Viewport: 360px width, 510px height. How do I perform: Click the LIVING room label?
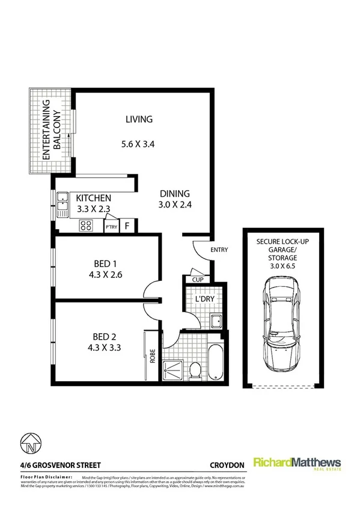click(x=139, y=119)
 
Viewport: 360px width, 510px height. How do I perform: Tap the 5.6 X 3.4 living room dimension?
click(x=139, y=144)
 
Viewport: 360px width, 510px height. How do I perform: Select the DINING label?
click(x=175, y=194)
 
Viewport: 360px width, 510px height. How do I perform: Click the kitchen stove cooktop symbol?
click(x=86, y=226)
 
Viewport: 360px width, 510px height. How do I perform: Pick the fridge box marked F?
click(x=127, y=227)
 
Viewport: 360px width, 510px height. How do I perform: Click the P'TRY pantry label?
click(x=111, y=227)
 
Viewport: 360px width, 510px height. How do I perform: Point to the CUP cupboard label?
click(x=197, y=280)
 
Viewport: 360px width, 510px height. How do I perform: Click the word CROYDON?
click(x=226, y=464)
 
